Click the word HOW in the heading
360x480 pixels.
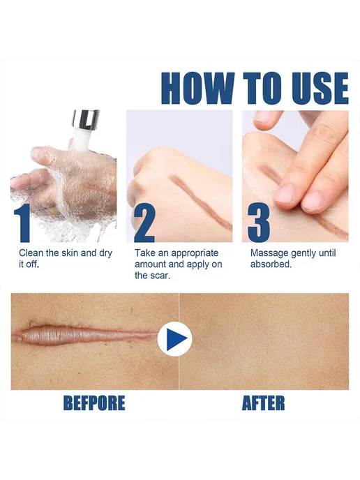[198, 89]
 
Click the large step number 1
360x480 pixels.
[22, 223]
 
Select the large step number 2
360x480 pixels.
[144, 223]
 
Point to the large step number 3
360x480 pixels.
[259, 223]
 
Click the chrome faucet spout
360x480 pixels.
[85, 119]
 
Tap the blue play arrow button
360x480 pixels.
[175, 338]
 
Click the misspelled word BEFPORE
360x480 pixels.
[94, 403]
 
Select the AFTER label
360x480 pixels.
[263, 403]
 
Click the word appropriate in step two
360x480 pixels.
[195, 254]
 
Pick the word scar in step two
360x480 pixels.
[161, 276]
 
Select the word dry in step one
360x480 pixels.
[105, 254]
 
